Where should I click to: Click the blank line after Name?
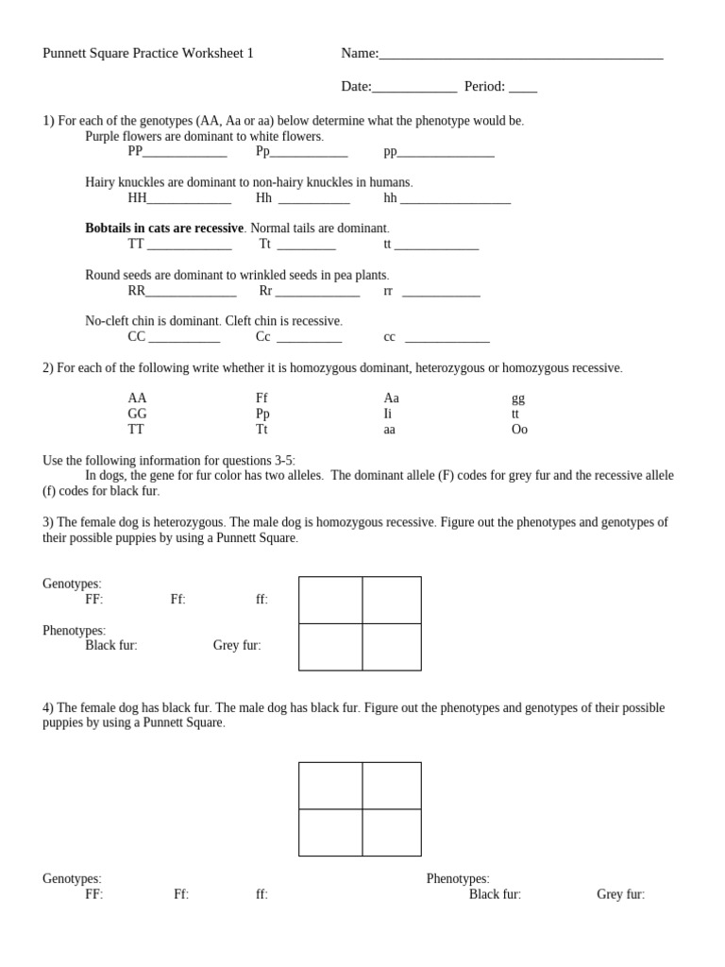[520, 55]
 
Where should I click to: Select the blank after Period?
[522, 88]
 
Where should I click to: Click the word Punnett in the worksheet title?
[63, 53]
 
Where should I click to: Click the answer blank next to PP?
[184, 152]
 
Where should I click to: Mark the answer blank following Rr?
[317, 292]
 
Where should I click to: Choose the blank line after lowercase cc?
[447, 337]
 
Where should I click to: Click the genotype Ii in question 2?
[387, 414]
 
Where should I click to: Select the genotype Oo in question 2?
[519, 430]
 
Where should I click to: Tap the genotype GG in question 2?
[138, 414]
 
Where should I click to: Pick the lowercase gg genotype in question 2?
[517, 399]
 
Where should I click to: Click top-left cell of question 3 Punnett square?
[330, 600]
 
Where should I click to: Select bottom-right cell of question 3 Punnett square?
[392, 647]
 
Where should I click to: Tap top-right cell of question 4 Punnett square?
[392, 786]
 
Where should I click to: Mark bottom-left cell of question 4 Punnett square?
[330, 832]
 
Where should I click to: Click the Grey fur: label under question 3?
[237, 646]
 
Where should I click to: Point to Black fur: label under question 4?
[495, 894]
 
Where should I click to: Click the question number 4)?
[48, 707]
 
